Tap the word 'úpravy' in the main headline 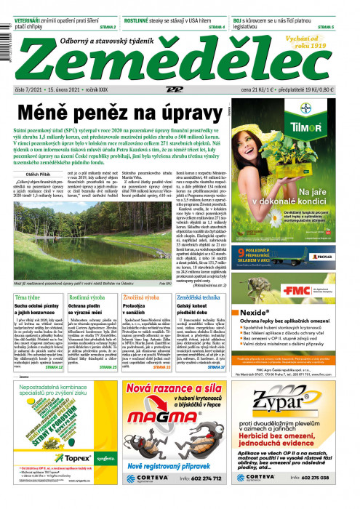pos(179,113)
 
